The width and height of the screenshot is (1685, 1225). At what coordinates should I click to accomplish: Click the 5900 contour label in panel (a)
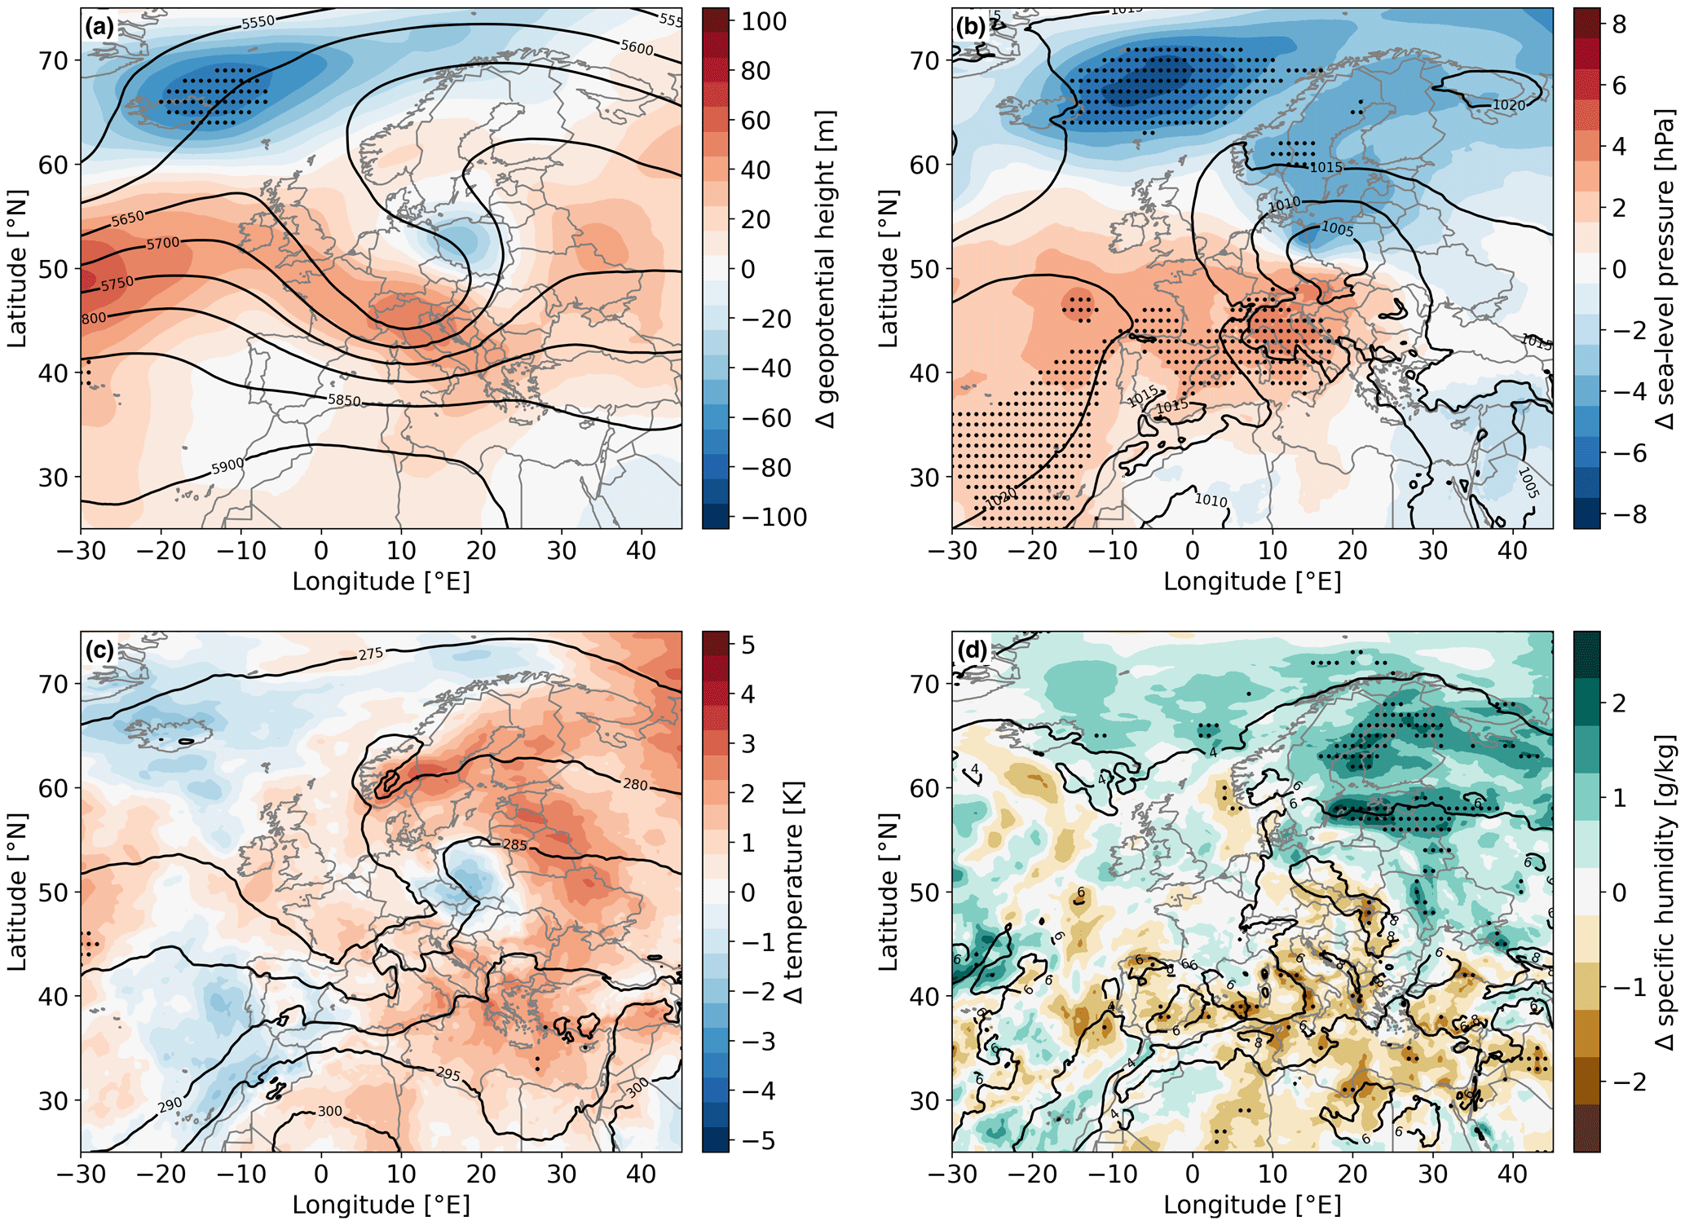click(227, 466)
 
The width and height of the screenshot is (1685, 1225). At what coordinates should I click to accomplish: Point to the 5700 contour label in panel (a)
click(163, 244)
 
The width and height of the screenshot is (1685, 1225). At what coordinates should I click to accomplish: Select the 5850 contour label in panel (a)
click(343, 400)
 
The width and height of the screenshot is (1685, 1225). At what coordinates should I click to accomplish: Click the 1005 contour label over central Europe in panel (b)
click(1337, 229)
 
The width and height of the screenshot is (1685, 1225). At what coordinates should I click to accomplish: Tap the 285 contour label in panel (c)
click(514, 845)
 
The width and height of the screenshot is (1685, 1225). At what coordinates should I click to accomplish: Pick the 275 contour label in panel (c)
click(371, 654)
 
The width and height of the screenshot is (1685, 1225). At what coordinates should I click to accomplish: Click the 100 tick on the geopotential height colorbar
click(764, 21)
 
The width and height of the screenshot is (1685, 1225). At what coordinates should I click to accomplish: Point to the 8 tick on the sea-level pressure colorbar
click(1619, 24)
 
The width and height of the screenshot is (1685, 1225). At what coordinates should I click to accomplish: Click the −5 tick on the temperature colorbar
click(757, 1140)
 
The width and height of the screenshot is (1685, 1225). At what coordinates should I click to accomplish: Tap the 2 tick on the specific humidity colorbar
click(1619, 703)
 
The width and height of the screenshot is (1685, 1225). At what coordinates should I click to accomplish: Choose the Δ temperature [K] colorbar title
click(793, 892)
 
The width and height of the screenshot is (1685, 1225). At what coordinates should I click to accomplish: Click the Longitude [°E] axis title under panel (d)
click(1251, 1205)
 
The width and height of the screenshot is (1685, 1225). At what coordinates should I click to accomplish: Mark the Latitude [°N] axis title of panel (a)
click(18, 269)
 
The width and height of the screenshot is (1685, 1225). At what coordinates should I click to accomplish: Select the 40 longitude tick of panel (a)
click(641, 551)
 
